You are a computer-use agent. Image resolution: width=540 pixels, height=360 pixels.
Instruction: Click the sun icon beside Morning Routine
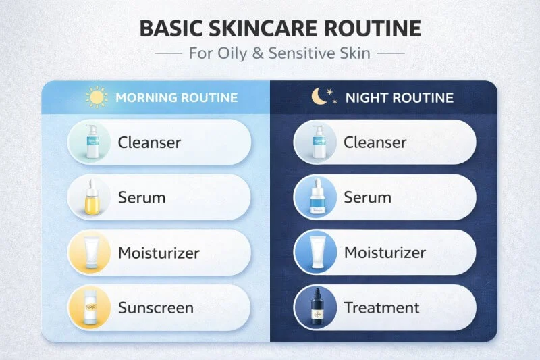(x=97, y=97)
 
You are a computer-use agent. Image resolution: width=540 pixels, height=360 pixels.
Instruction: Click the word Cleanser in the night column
(x=375, y=142)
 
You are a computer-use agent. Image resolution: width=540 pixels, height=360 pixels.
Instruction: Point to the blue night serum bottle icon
(x=316, y=198)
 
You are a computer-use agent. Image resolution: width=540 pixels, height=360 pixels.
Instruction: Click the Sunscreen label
(x=156, y=308)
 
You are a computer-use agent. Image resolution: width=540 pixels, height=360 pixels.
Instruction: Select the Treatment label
(x=381, y=308)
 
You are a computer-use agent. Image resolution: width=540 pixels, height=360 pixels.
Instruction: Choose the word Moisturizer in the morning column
(x=159, y=253)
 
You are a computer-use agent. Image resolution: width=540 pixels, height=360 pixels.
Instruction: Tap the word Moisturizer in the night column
(x=385, y=253)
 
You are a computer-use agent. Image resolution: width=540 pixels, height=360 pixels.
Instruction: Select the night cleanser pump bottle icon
(x=316, y=143)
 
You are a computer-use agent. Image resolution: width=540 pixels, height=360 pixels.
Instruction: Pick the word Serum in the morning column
(x=142, y=197)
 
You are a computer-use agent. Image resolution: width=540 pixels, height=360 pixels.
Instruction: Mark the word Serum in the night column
(x=367, y=197)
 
